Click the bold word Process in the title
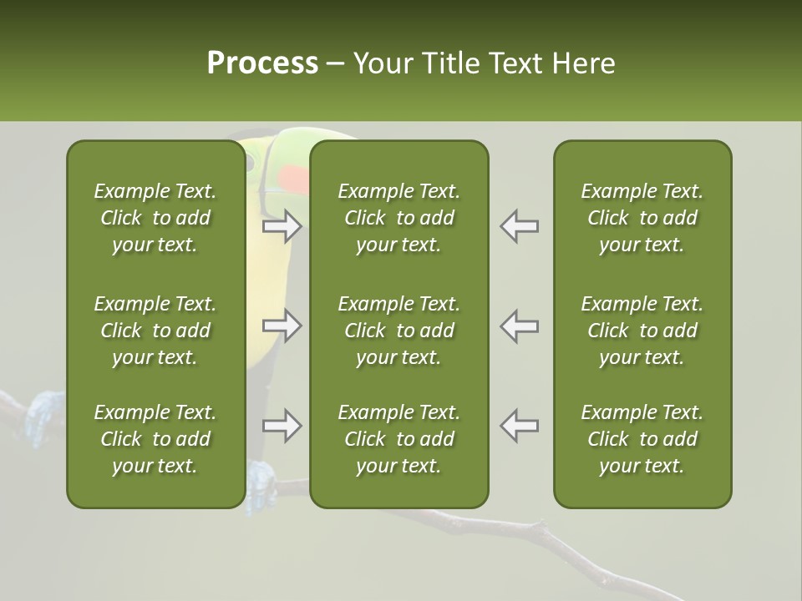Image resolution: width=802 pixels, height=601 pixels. (x=262, y=63)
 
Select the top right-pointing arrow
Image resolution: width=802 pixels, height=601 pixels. (x=282, y=226)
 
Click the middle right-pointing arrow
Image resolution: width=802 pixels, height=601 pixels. (x=282, y=326)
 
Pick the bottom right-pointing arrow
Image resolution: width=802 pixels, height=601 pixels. (x=282, y=426)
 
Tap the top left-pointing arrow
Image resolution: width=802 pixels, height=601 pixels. (x=520, y=226)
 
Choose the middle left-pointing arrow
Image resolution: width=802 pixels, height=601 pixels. (x=520, y=326)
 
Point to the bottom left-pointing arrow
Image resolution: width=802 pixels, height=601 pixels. (x=520, y=426)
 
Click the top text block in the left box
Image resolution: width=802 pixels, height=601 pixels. (x=155, y=218)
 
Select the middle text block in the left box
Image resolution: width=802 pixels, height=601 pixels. (x=155, y=331)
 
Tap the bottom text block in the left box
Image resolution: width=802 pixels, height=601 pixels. (x=155, y=439)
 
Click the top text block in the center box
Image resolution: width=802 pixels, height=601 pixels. (x=399, y=218)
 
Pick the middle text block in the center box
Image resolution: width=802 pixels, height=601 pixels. (x=399, y=331)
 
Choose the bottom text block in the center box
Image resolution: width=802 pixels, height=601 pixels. (x=399, y=439)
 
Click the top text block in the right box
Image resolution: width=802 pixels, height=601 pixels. (x=642, y=218)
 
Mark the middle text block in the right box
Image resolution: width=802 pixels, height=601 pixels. (x=642, y=331)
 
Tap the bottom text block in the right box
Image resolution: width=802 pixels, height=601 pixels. (x=642, y=439)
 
